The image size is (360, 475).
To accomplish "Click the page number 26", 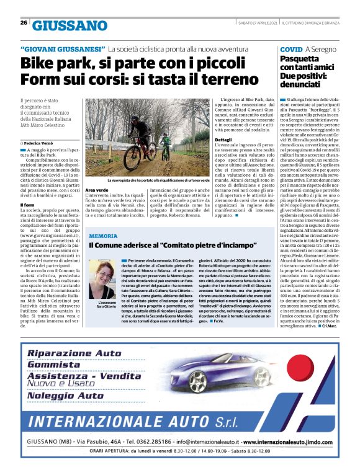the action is coord(24,23).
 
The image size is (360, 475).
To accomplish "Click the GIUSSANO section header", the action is coord(70,25).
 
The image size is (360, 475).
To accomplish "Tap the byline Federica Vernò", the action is coord(42,143).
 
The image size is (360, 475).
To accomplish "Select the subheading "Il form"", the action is coord(27,205).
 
